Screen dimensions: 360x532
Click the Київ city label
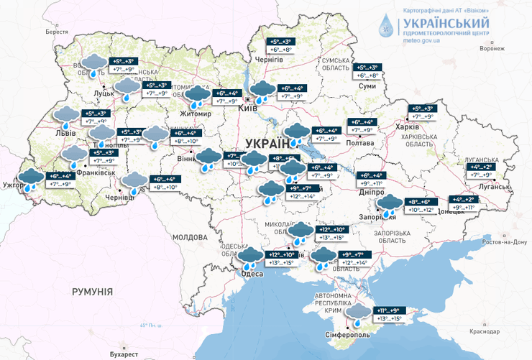pyautogui.click(x=247, y=108)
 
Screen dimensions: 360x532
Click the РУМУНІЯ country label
pyautogui.click(x=92, y=291)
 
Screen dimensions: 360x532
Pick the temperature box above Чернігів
pyautogui.click(x=281, y=45)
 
